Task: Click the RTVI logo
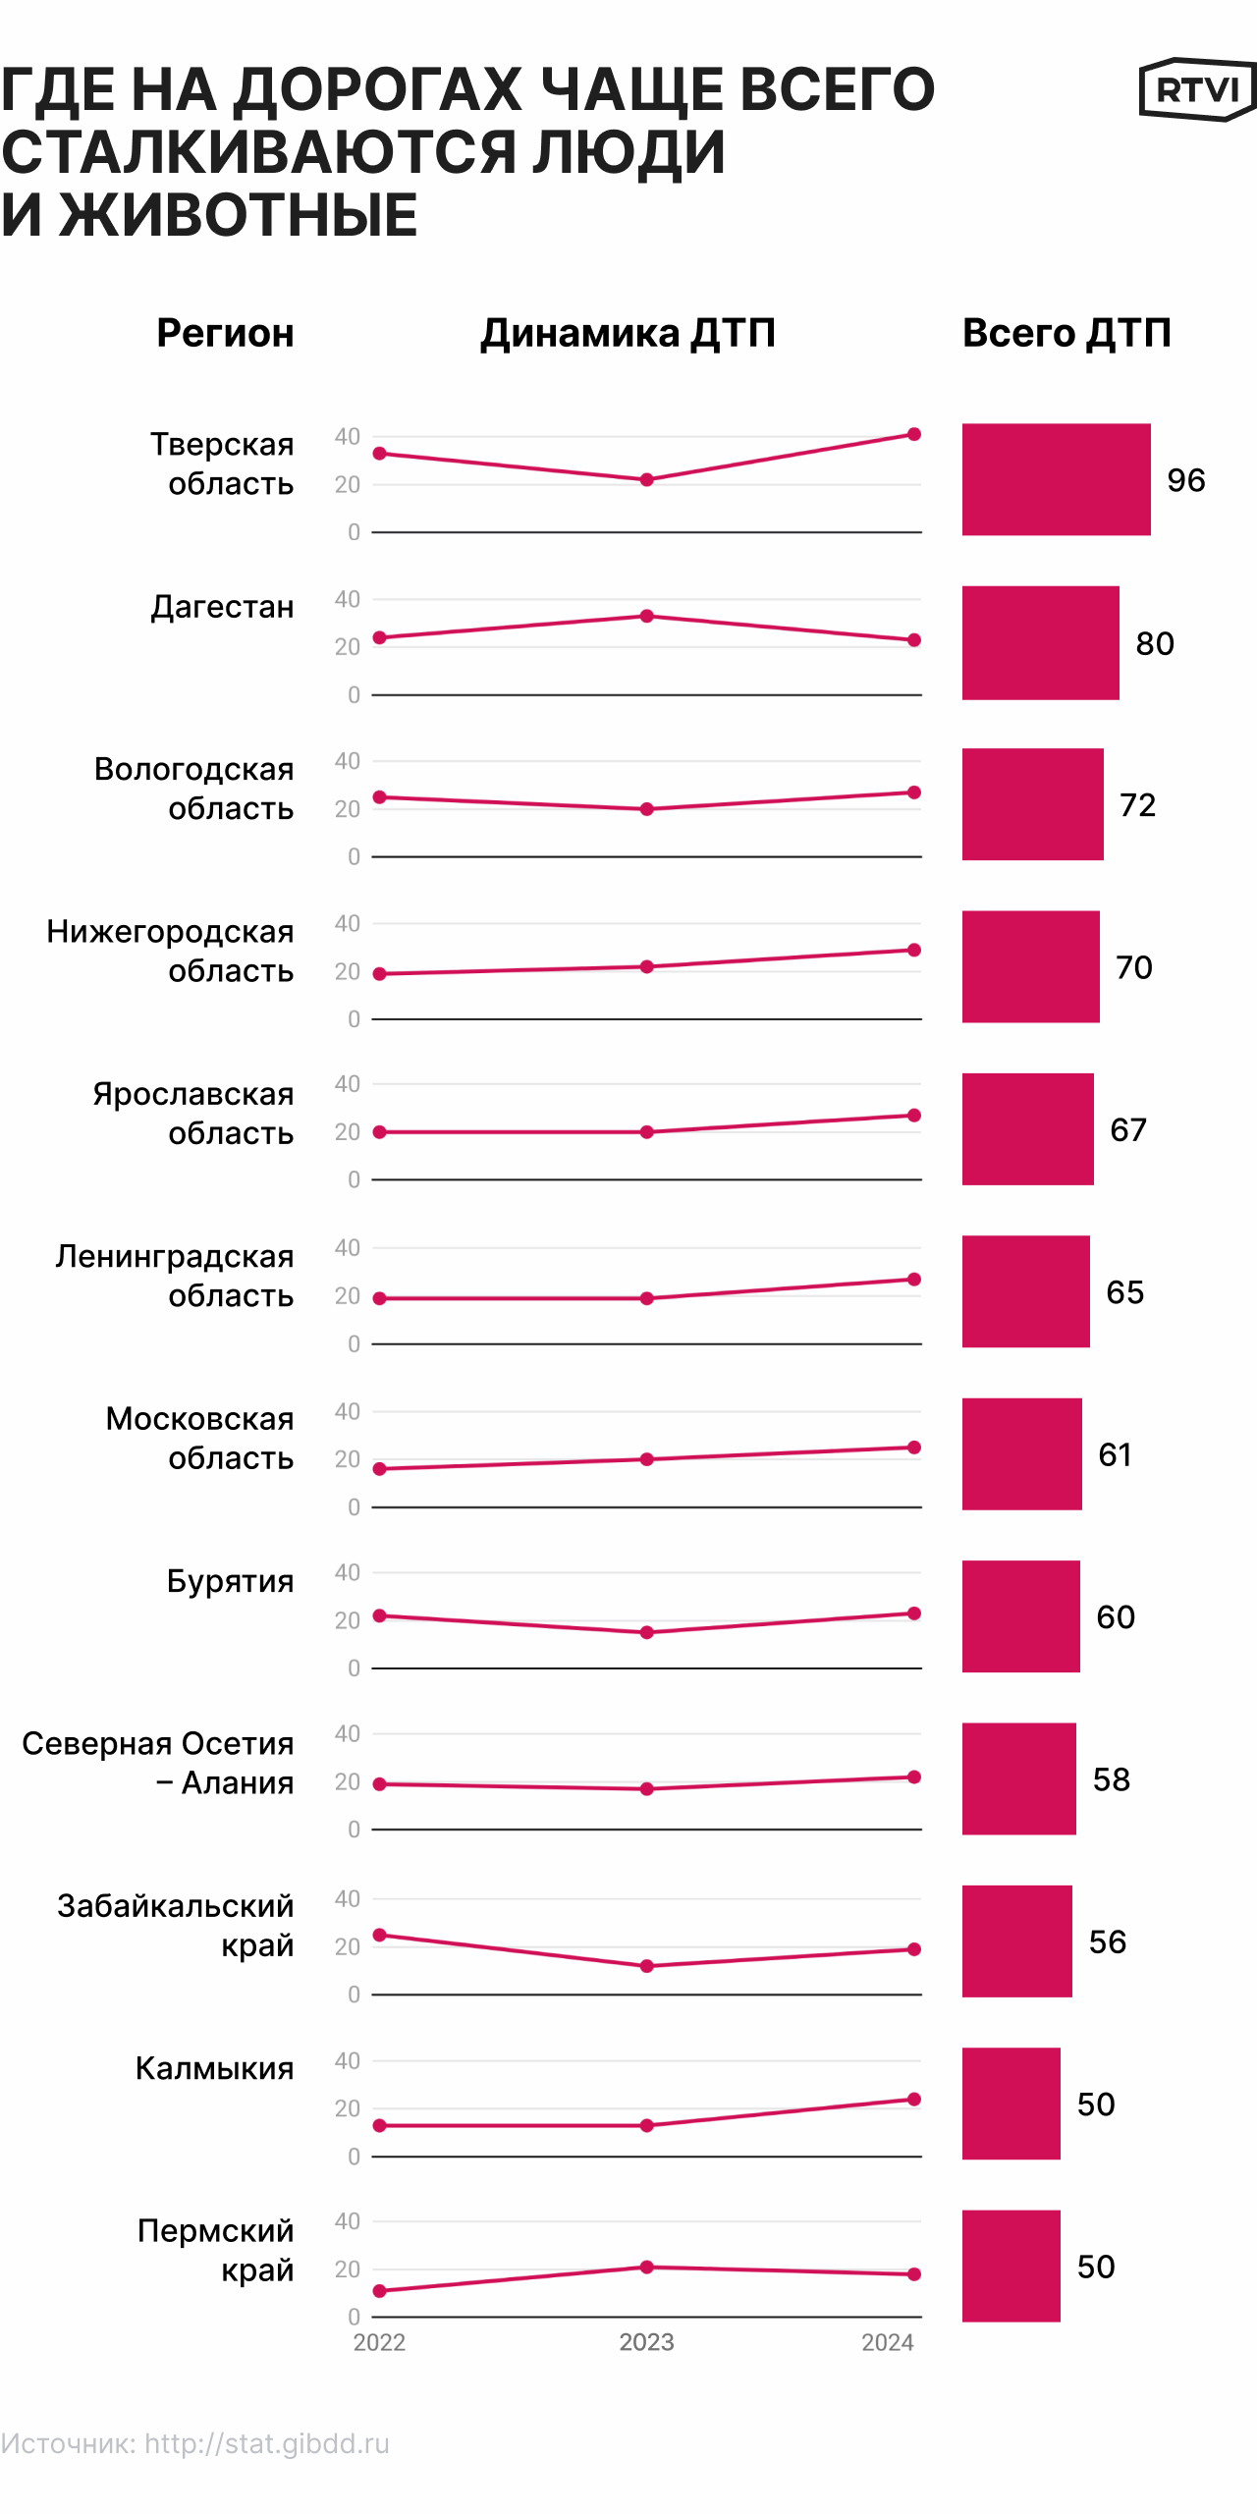[1196, 90]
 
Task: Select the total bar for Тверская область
[1056, 479]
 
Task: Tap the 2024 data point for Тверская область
[913, 434]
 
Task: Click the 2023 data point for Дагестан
[646, 616]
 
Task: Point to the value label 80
[1155, 643]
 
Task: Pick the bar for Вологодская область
[1032, 804]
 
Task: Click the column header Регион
[225, 333]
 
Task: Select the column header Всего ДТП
[1066, 333]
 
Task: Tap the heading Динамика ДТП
[628, 333]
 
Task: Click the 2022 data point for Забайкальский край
[380, 1935]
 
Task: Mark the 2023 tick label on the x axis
[646, 2342]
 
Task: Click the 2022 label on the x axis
[379, 2342]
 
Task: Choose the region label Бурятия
[230, 1581]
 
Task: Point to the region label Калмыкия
[214, 2068]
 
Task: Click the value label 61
[1115, 1454]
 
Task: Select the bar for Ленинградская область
[1025, 1291]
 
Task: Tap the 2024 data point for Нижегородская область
[913, 950]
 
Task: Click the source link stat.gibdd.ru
[267, 2443]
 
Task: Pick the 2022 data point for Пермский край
[380, 2291]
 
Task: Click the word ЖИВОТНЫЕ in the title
[238, 215]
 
